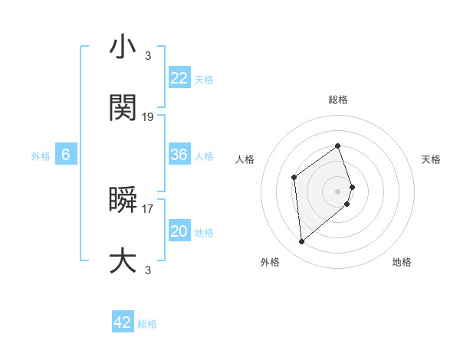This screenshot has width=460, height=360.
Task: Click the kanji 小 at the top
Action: tap(123, 47)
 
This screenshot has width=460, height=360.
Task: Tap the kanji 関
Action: tap(123, 109)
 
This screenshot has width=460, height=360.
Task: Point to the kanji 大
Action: tap(123, 261)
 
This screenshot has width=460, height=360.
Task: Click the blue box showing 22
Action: tap(179, 78)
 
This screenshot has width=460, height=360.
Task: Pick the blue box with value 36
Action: tap(179, 155)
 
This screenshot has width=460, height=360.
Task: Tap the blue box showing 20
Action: tap(179, 231)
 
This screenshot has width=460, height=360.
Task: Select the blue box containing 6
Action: tap(66, 155)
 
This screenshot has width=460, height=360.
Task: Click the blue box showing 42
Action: tap(123, 322)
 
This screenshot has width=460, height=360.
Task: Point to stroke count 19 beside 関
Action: tap(148, 117)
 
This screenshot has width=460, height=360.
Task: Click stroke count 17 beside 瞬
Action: tap(148, 208)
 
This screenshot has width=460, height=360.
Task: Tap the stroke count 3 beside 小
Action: tap(148, 55)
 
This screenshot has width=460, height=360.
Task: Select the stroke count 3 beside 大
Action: tap(148, 270)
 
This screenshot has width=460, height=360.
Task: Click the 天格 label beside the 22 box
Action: tap(204, 79)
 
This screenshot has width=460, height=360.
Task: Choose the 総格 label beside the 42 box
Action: tap(147, 324)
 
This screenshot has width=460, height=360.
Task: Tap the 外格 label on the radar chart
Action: tap(270, 262)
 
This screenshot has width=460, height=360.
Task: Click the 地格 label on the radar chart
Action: tap(402, 262)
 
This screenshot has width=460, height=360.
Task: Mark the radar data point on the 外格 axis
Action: tap(301, 242)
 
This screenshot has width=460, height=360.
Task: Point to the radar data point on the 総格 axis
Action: tap(337, 146)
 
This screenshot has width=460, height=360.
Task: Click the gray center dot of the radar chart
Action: tap(337, 191)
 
